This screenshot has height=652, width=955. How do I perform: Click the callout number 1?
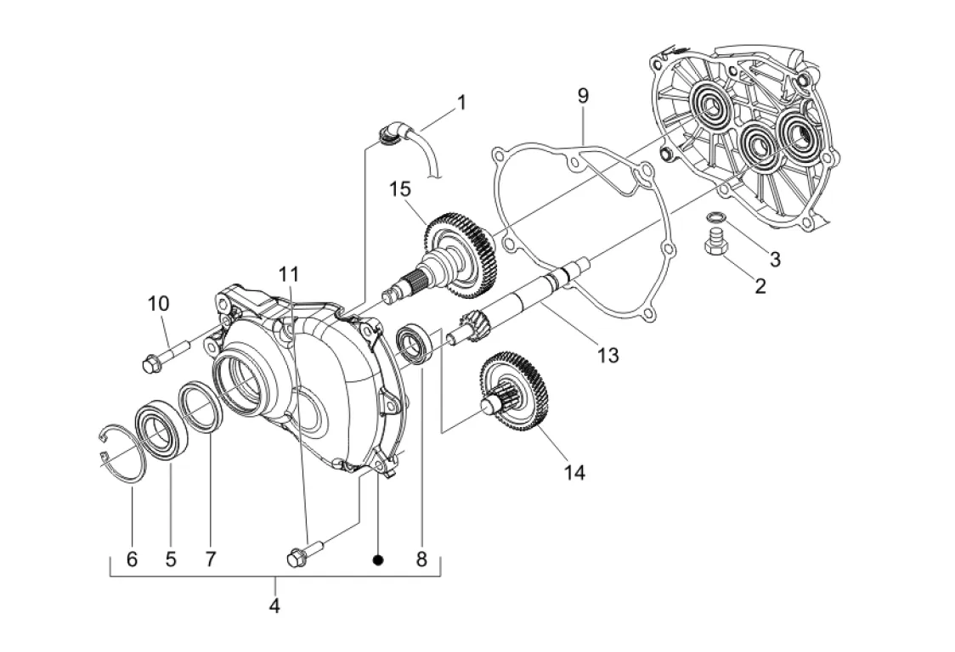(461, 102)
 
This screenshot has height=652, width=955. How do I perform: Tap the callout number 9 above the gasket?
(583, 96)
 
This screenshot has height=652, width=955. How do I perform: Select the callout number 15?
(400, 189)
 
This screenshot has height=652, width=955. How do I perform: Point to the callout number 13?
(607, 354)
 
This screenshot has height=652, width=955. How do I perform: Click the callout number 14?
(574, 472)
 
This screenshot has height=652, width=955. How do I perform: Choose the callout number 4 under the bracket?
(274, 605)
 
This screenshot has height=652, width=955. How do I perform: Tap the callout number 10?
(158, 303)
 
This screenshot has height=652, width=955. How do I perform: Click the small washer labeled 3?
(715, 217)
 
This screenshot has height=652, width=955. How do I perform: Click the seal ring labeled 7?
(200, 406)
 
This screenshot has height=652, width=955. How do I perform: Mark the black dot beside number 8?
(378, 559)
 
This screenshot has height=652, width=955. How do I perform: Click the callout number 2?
(760, 285)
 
